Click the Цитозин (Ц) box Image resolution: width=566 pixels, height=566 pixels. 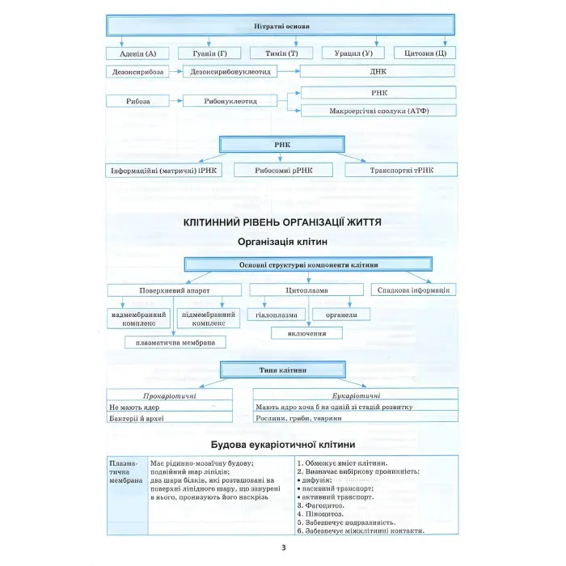(x=425, y=53)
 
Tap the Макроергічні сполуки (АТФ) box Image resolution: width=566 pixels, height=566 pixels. (x=378, y=110)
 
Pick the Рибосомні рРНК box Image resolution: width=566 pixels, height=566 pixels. (x=284, y=171)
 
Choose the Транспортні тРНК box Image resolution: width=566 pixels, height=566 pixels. (x=401, y=171)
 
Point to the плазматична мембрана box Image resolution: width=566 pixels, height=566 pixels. (x=175, y=343)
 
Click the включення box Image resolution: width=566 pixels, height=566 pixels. (x=306, y=332)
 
